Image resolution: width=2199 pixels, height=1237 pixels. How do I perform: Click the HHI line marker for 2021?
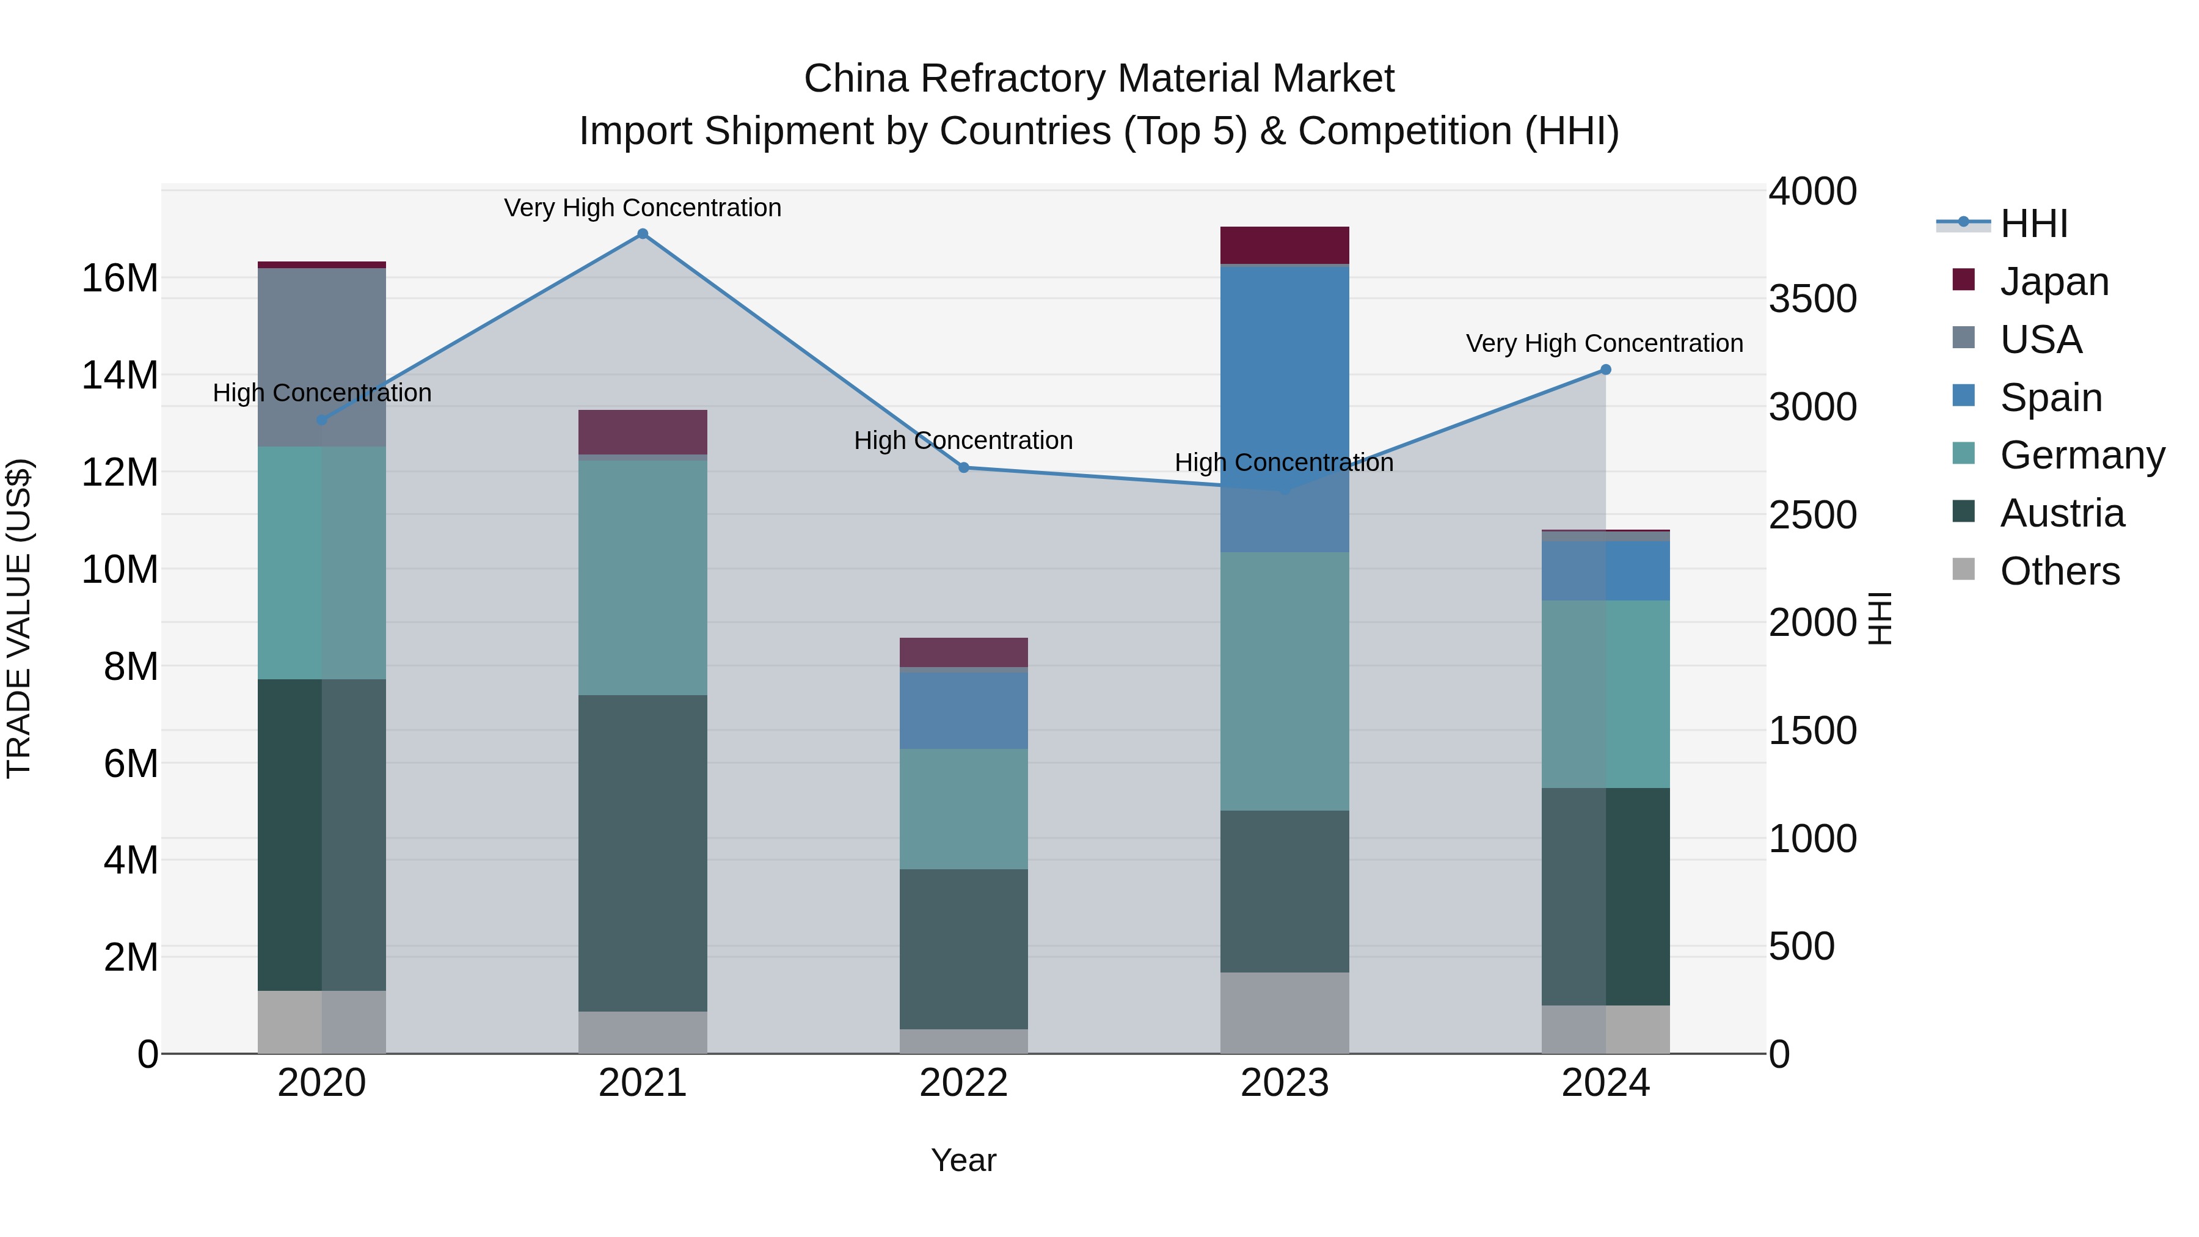tap(643, 234)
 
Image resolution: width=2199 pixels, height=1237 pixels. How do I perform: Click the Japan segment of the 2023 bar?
tap(1284, 245)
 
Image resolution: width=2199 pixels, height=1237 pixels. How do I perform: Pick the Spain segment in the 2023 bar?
tap(1284, 401)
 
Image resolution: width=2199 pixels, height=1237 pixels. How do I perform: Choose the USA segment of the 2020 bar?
tap(322, 357)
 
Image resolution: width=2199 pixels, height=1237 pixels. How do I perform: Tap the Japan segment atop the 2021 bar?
tap(643, 432)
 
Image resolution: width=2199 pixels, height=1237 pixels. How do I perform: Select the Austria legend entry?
tap(2061, 513)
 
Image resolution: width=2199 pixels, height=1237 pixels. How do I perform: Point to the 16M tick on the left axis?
tap(120, 279)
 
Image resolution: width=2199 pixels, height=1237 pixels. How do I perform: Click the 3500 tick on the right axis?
tap(1812, 299)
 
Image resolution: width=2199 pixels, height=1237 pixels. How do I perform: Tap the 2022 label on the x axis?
tap(964, 1083)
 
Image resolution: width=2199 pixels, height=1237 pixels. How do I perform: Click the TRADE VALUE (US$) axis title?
tap(19, 618)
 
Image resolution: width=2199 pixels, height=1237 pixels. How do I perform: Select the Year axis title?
tap(964, 1160)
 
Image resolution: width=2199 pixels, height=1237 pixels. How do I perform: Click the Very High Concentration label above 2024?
tap(1604, 343)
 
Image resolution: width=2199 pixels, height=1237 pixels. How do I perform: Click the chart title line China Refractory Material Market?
tap(1099, 79)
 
